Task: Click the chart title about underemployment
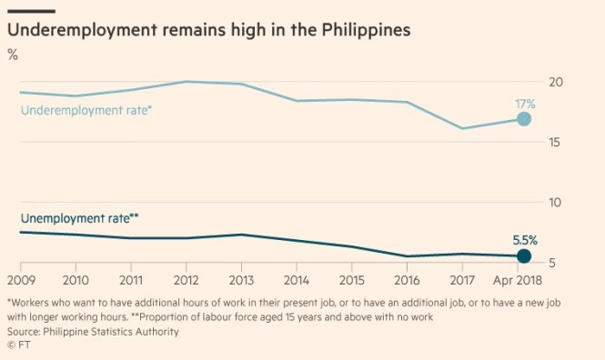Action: pyautogui.click(x=209, y=30)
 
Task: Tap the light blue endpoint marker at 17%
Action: pyautogui.click(x=524, y=119)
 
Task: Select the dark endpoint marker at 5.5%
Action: pyautogui.click(x=524, y=256)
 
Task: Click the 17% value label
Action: pyautogui.click(x=525, y=105)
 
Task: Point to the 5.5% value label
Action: pyautogui.click(x=525, y=241)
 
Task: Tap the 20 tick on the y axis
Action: pyautogui.click(x=554, y=82)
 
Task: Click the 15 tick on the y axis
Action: pyautogui.click(x=554, y=142)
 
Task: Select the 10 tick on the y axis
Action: pyautogui.click(x=554, y=202)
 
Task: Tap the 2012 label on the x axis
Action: pyautogui.click(x=187, y=280)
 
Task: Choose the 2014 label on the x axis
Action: pyautogui.click(x=297, y=280)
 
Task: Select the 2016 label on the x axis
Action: pyautogui.click(x=407, y=280)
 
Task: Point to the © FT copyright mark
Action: pyautogui.click(x=17, y=345)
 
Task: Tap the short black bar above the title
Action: pyautogui.click(x=31, y=10)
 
